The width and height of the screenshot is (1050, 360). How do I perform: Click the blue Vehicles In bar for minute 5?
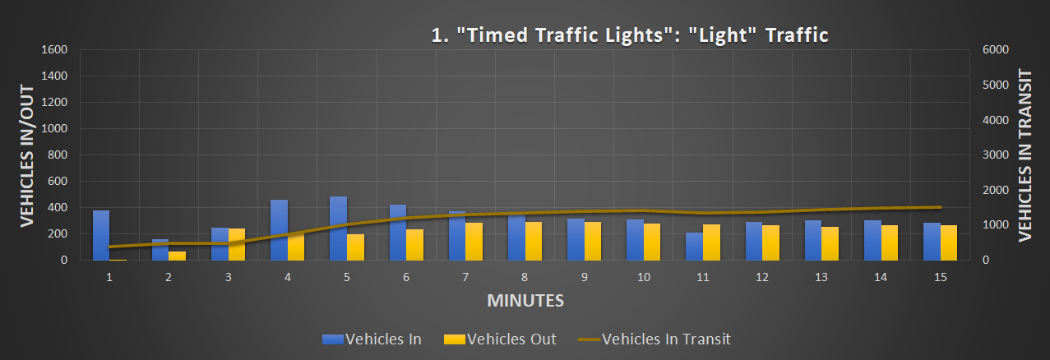tap(338, 228)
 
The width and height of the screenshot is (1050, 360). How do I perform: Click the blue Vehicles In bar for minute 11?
tap(695, 246)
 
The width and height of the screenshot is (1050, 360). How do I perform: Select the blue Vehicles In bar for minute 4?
tap(279, 229)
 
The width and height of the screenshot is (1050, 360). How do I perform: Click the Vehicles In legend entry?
tap(372, 339)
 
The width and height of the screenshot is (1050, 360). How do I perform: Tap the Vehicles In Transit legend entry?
tap(654, 339)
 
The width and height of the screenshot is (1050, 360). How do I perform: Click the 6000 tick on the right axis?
tap(995, 49)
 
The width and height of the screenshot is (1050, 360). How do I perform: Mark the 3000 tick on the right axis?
tap(995, 155)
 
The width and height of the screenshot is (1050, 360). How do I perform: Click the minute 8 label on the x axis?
tap(525, 278)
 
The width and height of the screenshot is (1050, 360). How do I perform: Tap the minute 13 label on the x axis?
tap(821, 278)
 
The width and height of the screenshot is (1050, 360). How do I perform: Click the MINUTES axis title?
tap(525, 301)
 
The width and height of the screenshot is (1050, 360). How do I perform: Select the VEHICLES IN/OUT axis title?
tap(26, 155)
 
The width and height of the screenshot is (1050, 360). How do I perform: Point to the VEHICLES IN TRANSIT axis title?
tap(1025, 155)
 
